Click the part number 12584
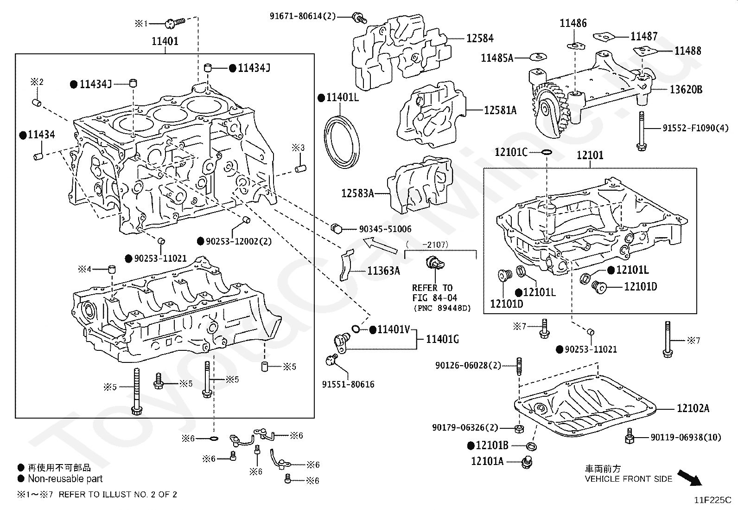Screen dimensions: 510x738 click(x=480, y=39)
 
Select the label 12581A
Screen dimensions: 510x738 click(x=500, y=110)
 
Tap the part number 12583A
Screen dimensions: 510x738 click(x=357, y=193)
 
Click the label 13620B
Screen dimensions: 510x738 click(x=686, y=90)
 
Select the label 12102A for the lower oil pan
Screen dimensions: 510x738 click(x=693, y=408)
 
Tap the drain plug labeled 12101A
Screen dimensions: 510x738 click(x=526, y=462)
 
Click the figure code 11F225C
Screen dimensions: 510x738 click(x=712, y=500)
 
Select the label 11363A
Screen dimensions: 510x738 click(x=383, y=271)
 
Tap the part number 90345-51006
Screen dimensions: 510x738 click(x=385, y=229)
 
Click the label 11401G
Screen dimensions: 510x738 click(x=442, y=339)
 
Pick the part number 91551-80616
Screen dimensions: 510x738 click(x=348, y=384)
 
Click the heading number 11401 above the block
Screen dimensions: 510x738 click(x=165, y=41)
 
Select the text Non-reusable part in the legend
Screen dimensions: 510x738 click(x=65, y=479)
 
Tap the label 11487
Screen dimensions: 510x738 click(x=644, y=36)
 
